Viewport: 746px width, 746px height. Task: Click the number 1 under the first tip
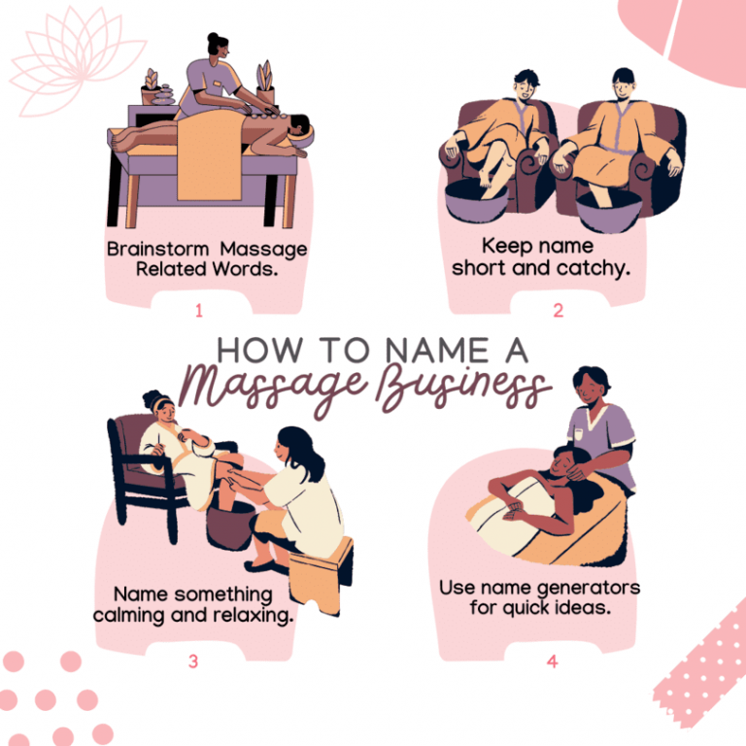[x=199, y=311]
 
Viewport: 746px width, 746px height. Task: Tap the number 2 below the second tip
[x=559, y=311]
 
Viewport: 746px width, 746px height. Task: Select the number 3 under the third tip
[x=193, y=661]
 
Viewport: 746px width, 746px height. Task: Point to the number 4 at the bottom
[x=553, y=661]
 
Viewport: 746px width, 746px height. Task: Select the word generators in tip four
[x=589, y=588]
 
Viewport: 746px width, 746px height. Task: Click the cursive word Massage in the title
[x=254, y=389]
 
